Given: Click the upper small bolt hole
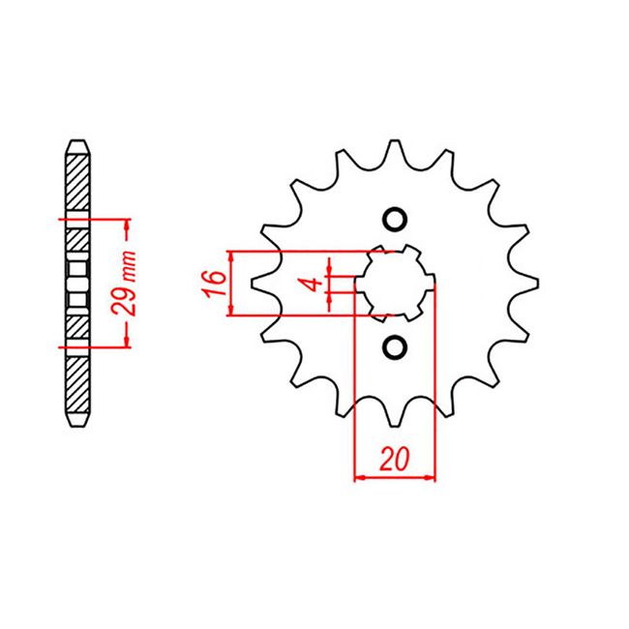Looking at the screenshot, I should click(x=394, y=219).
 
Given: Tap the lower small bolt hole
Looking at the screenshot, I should click(x=394, y=346).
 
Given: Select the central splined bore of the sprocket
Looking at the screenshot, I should click(x=394, y=283).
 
